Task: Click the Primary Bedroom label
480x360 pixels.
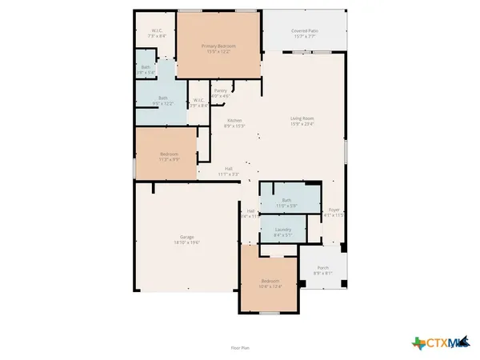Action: point(219,46)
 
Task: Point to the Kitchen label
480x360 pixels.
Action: point(234,120)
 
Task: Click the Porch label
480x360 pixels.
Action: point(323,267)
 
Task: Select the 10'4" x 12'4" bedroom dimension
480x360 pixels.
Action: point(269,286)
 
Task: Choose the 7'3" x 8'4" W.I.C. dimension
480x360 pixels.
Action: point(157,37)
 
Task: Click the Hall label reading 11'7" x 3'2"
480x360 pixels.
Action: point(228,173)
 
